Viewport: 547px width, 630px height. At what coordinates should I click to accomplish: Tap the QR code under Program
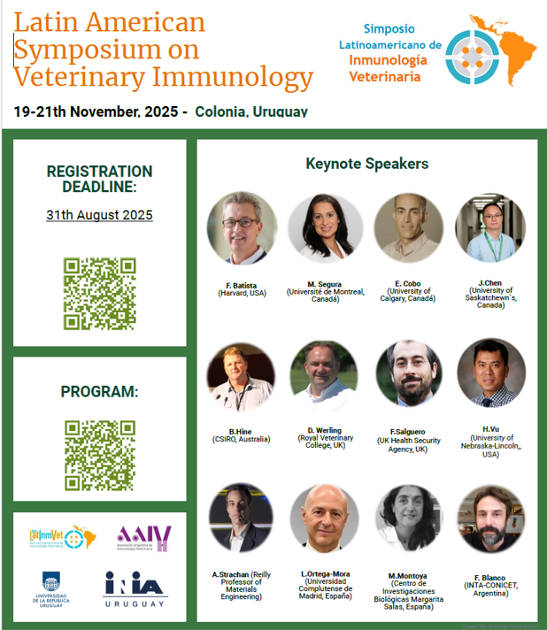tap(99, 455)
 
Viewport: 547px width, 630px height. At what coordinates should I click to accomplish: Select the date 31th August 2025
tap(99, 215)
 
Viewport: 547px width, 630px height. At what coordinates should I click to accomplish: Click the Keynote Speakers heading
tap(366, 164)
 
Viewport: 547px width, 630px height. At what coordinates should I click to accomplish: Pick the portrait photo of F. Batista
tap(242, 227)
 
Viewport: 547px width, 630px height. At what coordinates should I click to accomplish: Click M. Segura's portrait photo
tap(325, 227)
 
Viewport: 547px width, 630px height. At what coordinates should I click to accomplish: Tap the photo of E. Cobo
tap(408, 227)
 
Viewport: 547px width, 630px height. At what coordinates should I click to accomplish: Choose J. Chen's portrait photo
tap(490, 227)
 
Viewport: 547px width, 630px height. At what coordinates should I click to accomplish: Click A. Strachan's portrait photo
tap(242, 519)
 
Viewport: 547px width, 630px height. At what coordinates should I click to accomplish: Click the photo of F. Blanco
tap(490, 519)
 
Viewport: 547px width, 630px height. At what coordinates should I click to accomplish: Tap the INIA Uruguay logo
tap(135, 590)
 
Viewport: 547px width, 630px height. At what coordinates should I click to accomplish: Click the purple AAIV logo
tap(143, 537)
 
